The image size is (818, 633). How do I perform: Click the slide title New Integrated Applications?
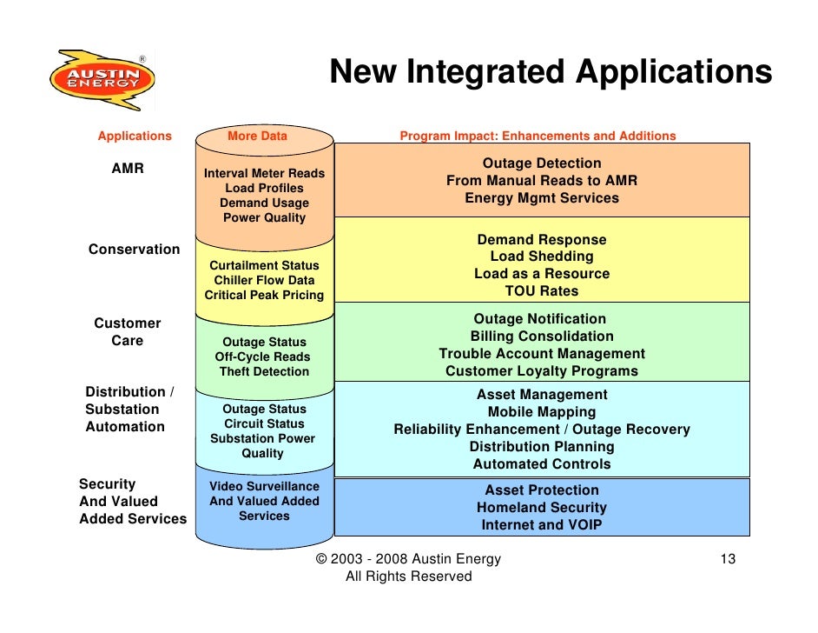click(551, 72)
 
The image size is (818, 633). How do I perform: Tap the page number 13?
click(728, 559)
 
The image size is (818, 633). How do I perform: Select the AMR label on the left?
click(128, 169)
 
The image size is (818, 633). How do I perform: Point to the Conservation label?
click(134, 250)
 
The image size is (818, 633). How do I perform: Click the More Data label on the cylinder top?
click(257, 136)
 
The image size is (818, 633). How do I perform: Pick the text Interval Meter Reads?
click(264, 173)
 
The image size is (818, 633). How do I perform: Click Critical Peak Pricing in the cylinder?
click(264, 295)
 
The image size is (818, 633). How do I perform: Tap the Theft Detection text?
click(264, 371)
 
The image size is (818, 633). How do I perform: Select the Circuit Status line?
click(264, 423)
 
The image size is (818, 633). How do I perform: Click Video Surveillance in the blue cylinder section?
click(264, 486)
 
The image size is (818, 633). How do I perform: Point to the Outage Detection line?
click(542, 163)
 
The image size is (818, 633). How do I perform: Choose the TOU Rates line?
click(542, 291)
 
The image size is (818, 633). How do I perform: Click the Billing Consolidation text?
click(542, 336)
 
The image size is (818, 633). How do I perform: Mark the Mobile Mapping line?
click(542, 412)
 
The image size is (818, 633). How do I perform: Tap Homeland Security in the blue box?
click(542, 508)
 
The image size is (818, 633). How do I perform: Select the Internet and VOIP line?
click(542, 525)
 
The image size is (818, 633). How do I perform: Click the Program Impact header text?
click(538, 136)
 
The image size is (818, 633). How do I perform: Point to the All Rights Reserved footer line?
click(408, 576)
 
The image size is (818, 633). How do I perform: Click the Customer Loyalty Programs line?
click(542, 371)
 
